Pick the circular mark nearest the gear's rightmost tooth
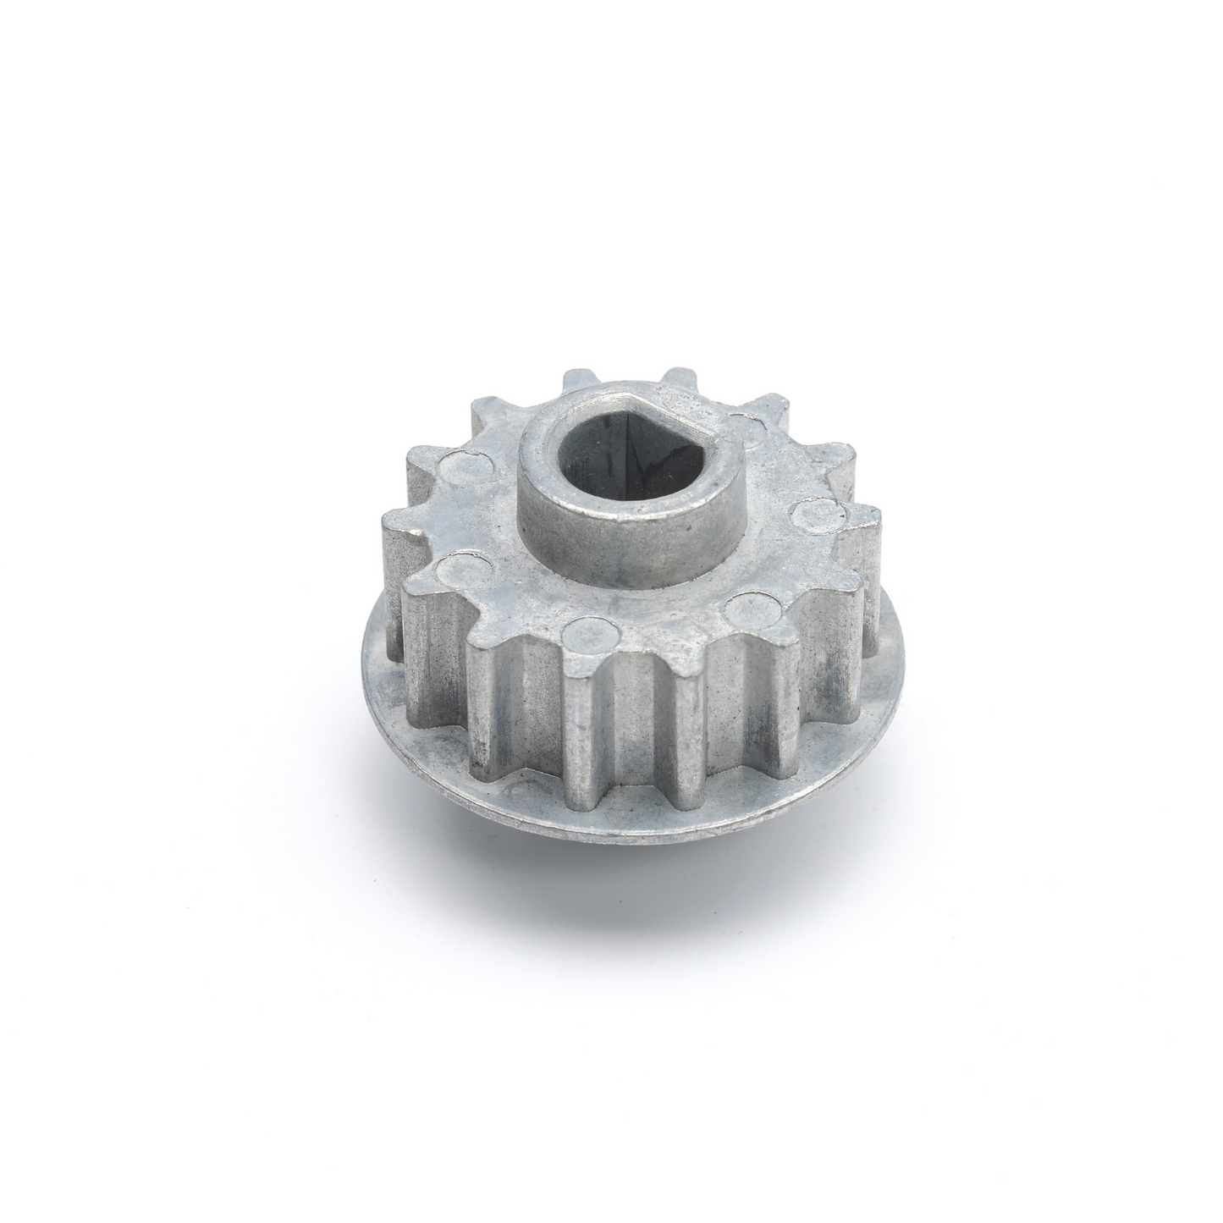coord(813,513)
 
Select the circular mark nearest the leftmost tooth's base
coord(460,563)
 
